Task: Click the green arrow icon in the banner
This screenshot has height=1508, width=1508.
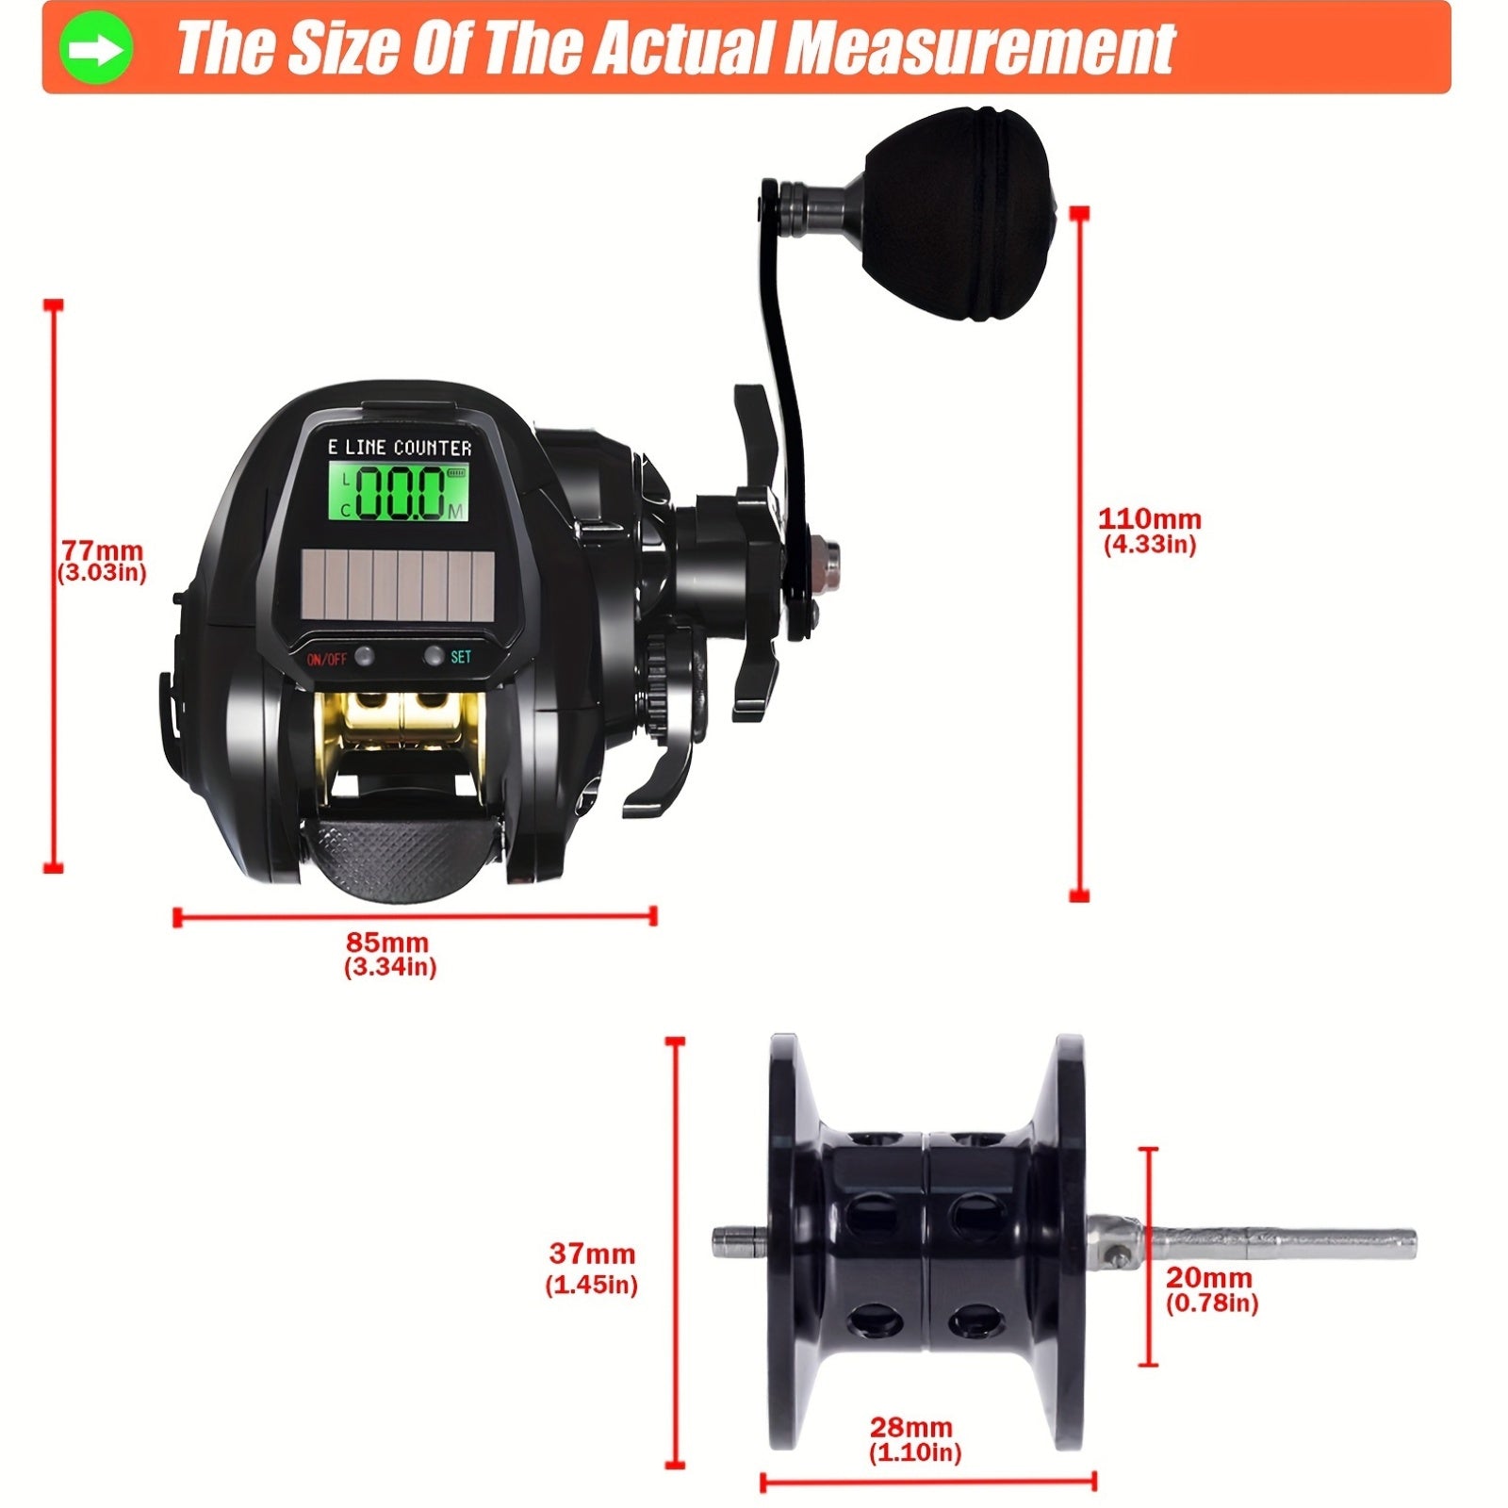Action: click(x=96, y=48)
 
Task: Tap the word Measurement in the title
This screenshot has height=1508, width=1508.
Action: click(x=979, y=48)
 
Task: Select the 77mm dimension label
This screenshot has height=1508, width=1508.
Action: click(x=102, y=551)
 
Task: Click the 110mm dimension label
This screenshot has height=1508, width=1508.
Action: click(x=1149, y=519)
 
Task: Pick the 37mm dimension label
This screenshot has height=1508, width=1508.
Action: click(x=592, y=1254)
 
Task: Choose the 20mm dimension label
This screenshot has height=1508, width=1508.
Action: click(x=1209, y=1278)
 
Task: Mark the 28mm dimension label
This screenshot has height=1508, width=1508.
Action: click(x=910, y=1427)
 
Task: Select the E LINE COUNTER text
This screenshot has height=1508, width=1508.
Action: click(x=399, y=448)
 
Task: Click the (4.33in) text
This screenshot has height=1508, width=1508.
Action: click(x=1149, y=544)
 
